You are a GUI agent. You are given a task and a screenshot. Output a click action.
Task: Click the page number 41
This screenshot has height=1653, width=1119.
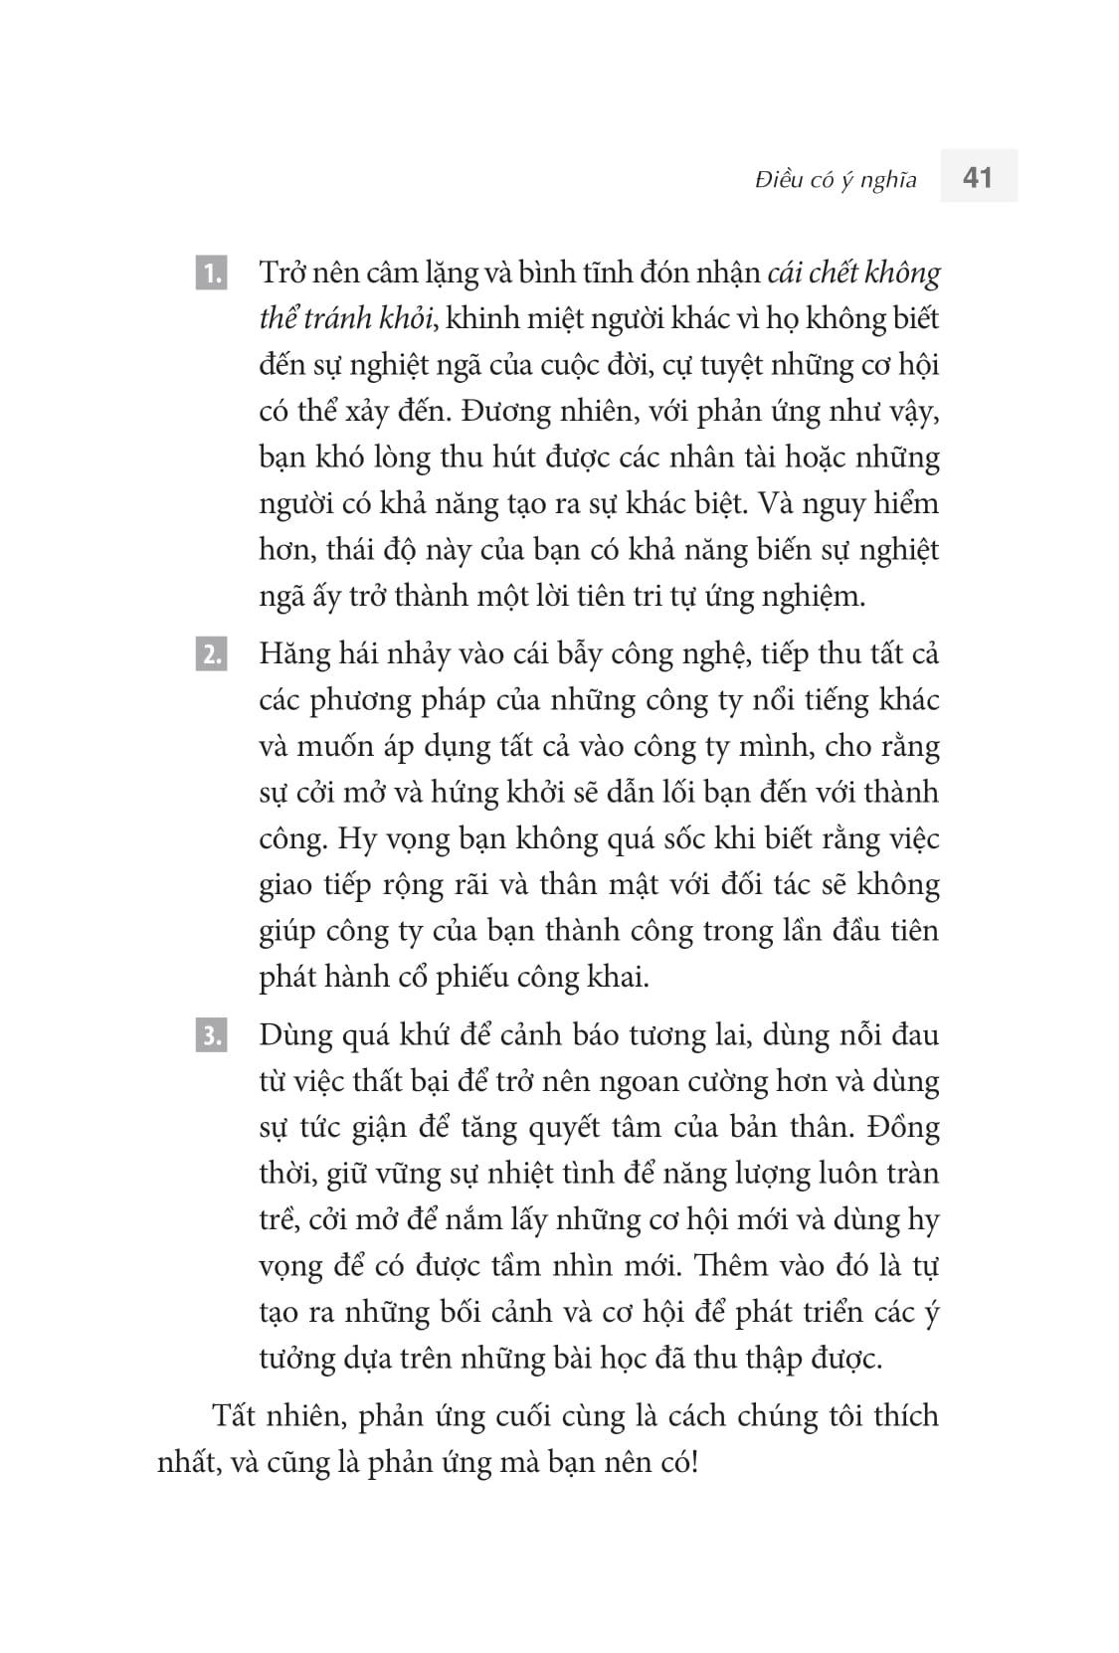click(978, 177)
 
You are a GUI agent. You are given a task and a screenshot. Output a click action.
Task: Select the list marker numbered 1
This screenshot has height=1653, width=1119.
click(212, 273)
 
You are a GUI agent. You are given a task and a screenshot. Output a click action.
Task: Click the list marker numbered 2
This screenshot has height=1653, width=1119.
click(212, 654)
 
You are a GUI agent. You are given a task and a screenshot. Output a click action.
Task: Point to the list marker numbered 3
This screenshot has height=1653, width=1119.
click(212, 1035)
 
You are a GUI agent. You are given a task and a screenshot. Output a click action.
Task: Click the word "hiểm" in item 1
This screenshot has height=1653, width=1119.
click(905, 502)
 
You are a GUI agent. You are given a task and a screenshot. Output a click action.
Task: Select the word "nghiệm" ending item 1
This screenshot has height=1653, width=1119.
click(816, 595)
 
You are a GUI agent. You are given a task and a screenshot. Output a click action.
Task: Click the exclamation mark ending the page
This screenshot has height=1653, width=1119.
click(693, 1462)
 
